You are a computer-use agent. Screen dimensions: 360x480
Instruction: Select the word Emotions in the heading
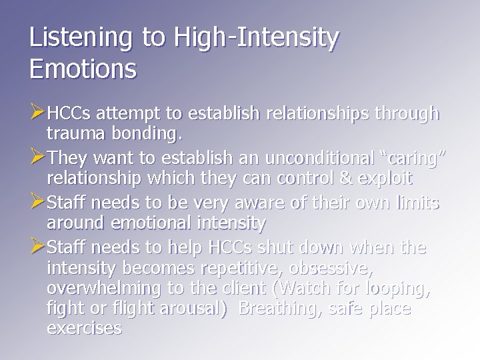[83, 67]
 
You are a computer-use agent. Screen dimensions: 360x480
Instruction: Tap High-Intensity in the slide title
[257, 39]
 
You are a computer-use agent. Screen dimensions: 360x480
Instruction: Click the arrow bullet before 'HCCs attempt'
[38, 113]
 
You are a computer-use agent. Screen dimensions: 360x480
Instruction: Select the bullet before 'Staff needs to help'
[38, 247]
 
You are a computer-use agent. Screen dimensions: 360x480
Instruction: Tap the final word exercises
[84, 328]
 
